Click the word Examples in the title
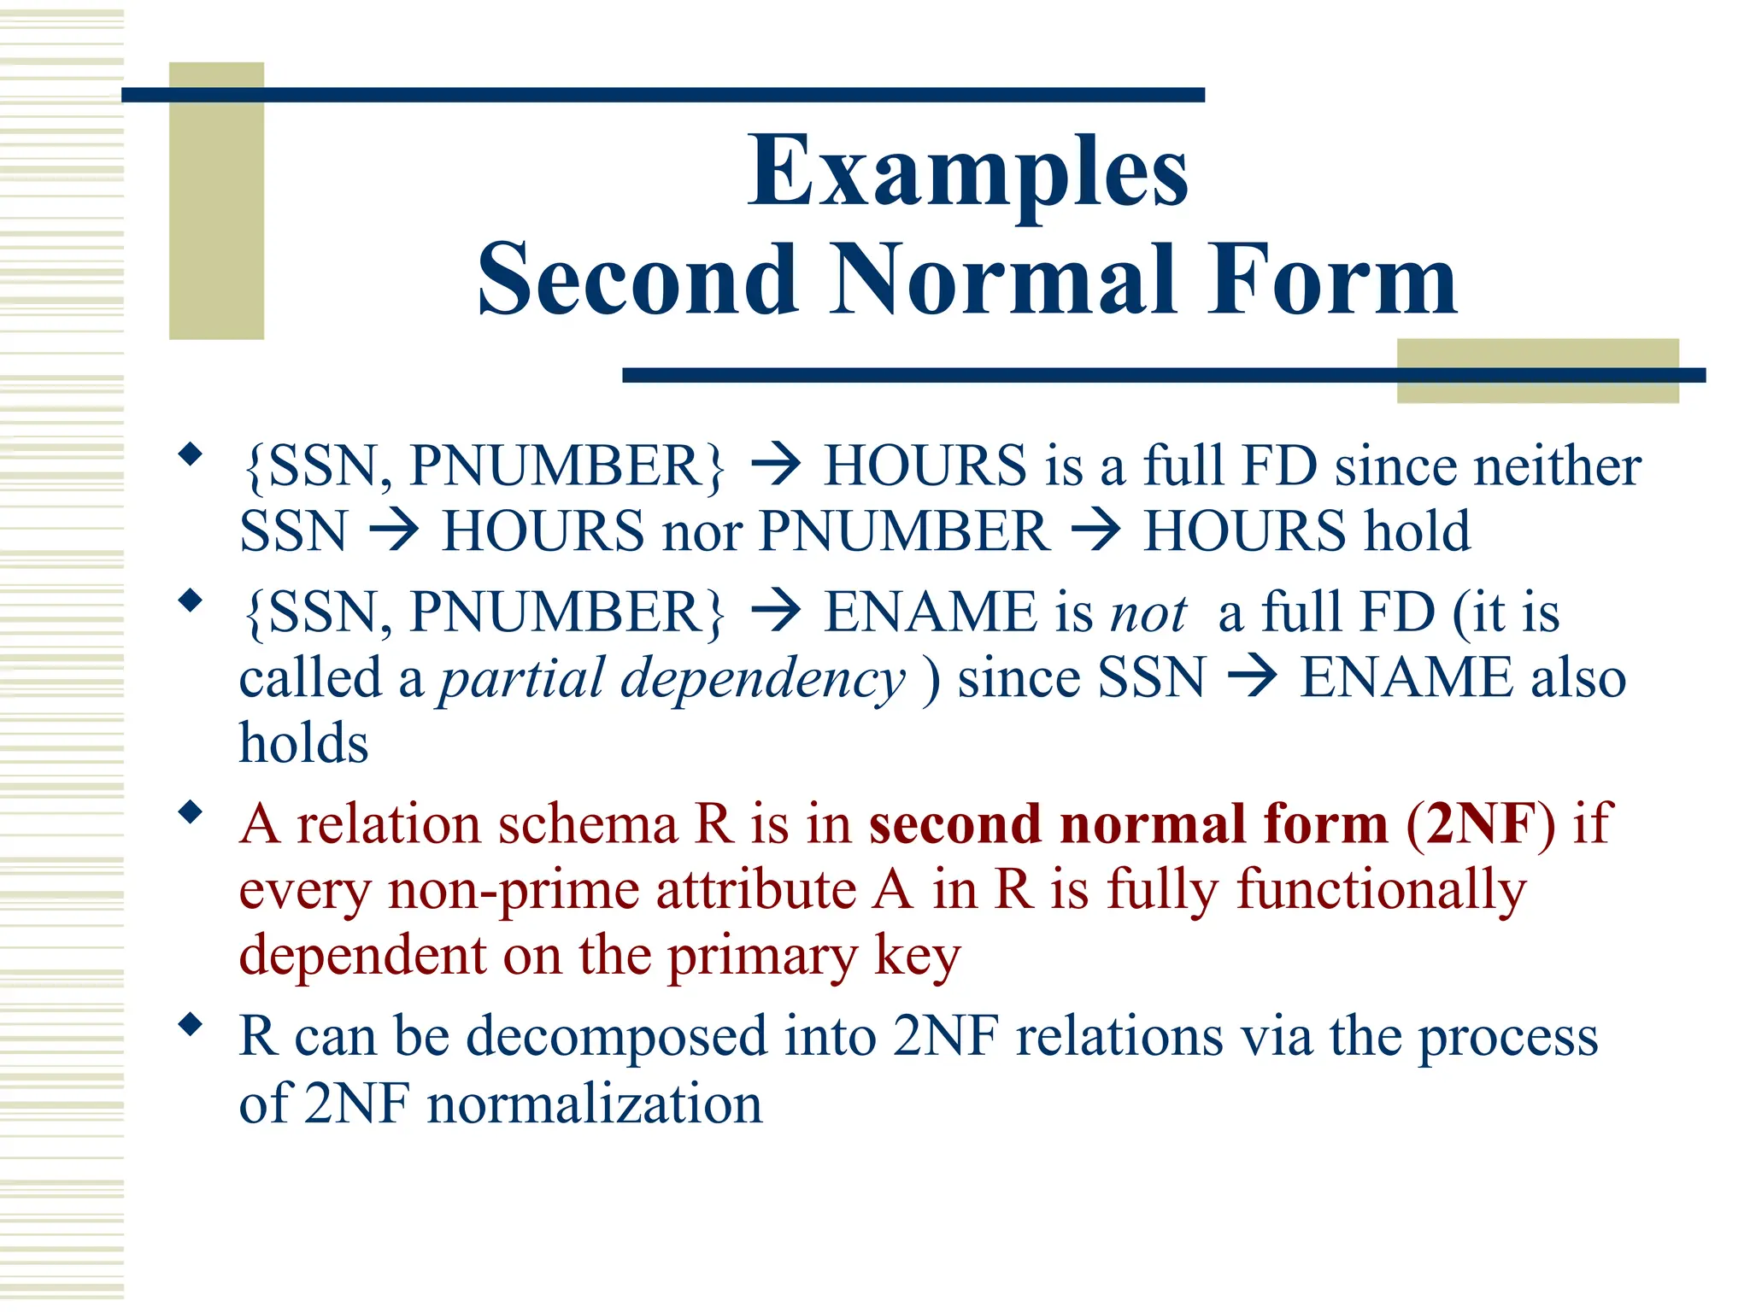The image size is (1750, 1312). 967,173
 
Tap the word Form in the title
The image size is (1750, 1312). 1333,280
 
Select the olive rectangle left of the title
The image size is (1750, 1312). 216,201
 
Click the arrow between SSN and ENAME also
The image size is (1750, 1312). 1252,678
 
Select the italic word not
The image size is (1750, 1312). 1148,613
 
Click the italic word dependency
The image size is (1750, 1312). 762,680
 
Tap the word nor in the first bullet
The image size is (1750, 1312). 702,532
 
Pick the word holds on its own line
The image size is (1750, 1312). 303,743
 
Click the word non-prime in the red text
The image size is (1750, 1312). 513,891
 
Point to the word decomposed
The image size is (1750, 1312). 617,1037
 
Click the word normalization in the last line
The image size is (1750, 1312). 595,1104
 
